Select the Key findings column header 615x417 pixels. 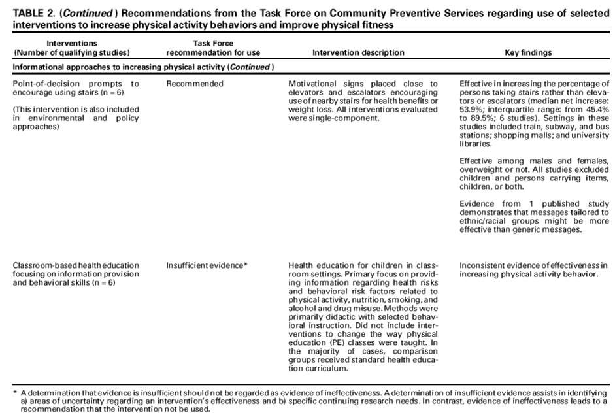coord(528,52)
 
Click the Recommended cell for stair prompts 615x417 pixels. coord(195,84)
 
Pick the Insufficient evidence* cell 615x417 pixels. coord(207,265)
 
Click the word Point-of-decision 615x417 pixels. coord(44,84)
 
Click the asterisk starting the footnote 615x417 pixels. coord(14,392)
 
